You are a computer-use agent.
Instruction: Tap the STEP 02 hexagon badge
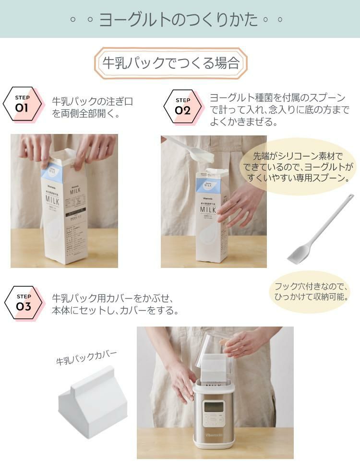(182, 107)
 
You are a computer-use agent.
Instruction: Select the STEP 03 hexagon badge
(23, 303)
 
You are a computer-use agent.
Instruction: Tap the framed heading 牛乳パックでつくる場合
(170, 63)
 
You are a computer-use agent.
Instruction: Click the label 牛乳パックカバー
(86, 358)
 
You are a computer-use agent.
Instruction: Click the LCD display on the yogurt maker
(213, 407)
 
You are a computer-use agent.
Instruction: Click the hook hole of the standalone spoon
(350, 197)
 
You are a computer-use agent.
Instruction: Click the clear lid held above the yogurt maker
(215, 353)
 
